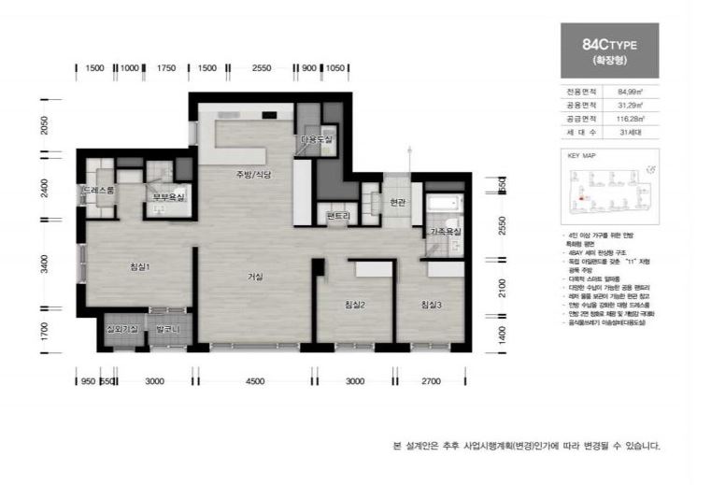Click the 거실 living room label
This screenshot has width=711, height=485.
(255, 277)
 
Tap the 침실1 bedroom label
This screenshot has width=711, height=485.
(140, 267)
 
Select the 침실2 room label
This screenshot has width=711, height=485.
(354, 305)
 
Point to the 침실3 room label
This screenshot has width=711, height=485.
(431, 305)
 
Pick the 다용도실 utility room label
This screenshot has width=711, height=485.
(317, 139)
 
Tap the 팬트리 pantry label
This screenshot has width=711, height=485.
(337, 216)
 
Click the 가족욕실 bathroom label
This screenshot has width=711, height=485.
(445, 231)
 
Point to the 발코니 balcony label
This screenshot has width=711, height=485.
(168, 329)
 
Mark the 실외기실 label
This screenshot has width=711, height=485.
(122, 329)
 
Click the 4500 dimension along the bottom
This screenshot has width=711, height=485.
(255, 381)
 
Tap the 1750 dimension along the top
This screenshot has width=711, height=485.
(166, 68)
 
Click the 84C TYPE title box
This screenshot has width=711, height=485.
(608, 50)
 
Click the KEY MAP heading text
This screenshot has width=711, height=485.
(581, 157)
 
